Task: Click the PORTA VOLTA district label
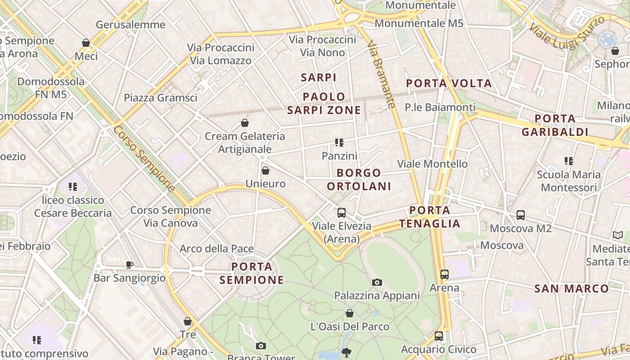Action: pos(449,83)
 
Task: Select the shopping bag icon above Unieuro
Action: pos(265,171)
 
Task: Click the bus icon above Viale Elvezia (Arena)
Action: pos(342,213)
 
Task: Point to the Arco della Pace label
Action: pos(216,248)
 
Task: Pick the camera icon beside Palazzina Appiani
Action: pos(377,282)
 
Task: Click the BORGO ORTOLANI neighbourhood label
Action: pos(359,179)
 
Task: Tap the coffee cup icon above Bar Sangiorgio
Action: pos(130,265)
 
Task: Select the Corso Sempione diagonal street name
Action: pos(144,158)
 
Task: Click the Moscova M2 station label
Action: pos(520,228)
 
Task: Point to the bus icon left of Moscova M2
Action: pos(521,215)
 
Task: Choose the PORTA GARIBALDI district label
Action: pos(555,125)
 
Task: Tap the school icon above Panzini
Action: pos(339,143)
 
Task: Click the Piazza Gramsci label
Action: pos(161,98)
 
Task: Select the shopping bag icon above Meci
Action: pos(86,43)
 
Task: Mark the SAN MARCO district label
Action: pos(571,288)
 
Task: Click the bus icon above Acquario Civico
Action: pos(438,336)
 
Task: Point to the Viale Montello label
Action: pos(432,164)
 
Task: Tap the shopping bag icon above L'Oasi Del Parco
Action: pos(350,313)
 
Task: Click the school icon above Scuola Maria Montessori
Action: pos(569,161)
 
